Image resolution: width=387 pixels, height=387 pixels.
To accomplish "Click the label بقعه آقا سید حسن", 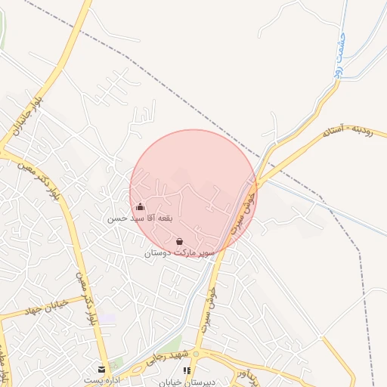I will pyautogui.click(x=139, y=218).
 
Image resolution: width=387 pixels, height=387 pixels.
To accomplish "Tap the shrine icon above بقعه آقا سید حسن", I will pyautogui.click(x=140, y=206).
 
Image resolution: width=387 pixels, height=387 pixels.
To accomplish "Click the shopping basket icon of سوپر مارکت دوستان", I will pyautogui.click(x=179, y=241).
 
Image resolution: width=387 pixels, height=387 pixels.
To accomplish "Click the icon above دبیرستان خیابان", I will pyautogui.click(x=187, y=370).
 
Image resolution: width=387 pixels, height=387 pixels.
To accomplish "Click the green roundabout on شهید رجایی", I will pyautogui.click(x=195, y=354).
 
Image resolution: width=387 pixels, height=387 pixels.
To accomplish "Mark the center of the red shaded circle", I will pyautogui.click(x=193, y=193).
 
